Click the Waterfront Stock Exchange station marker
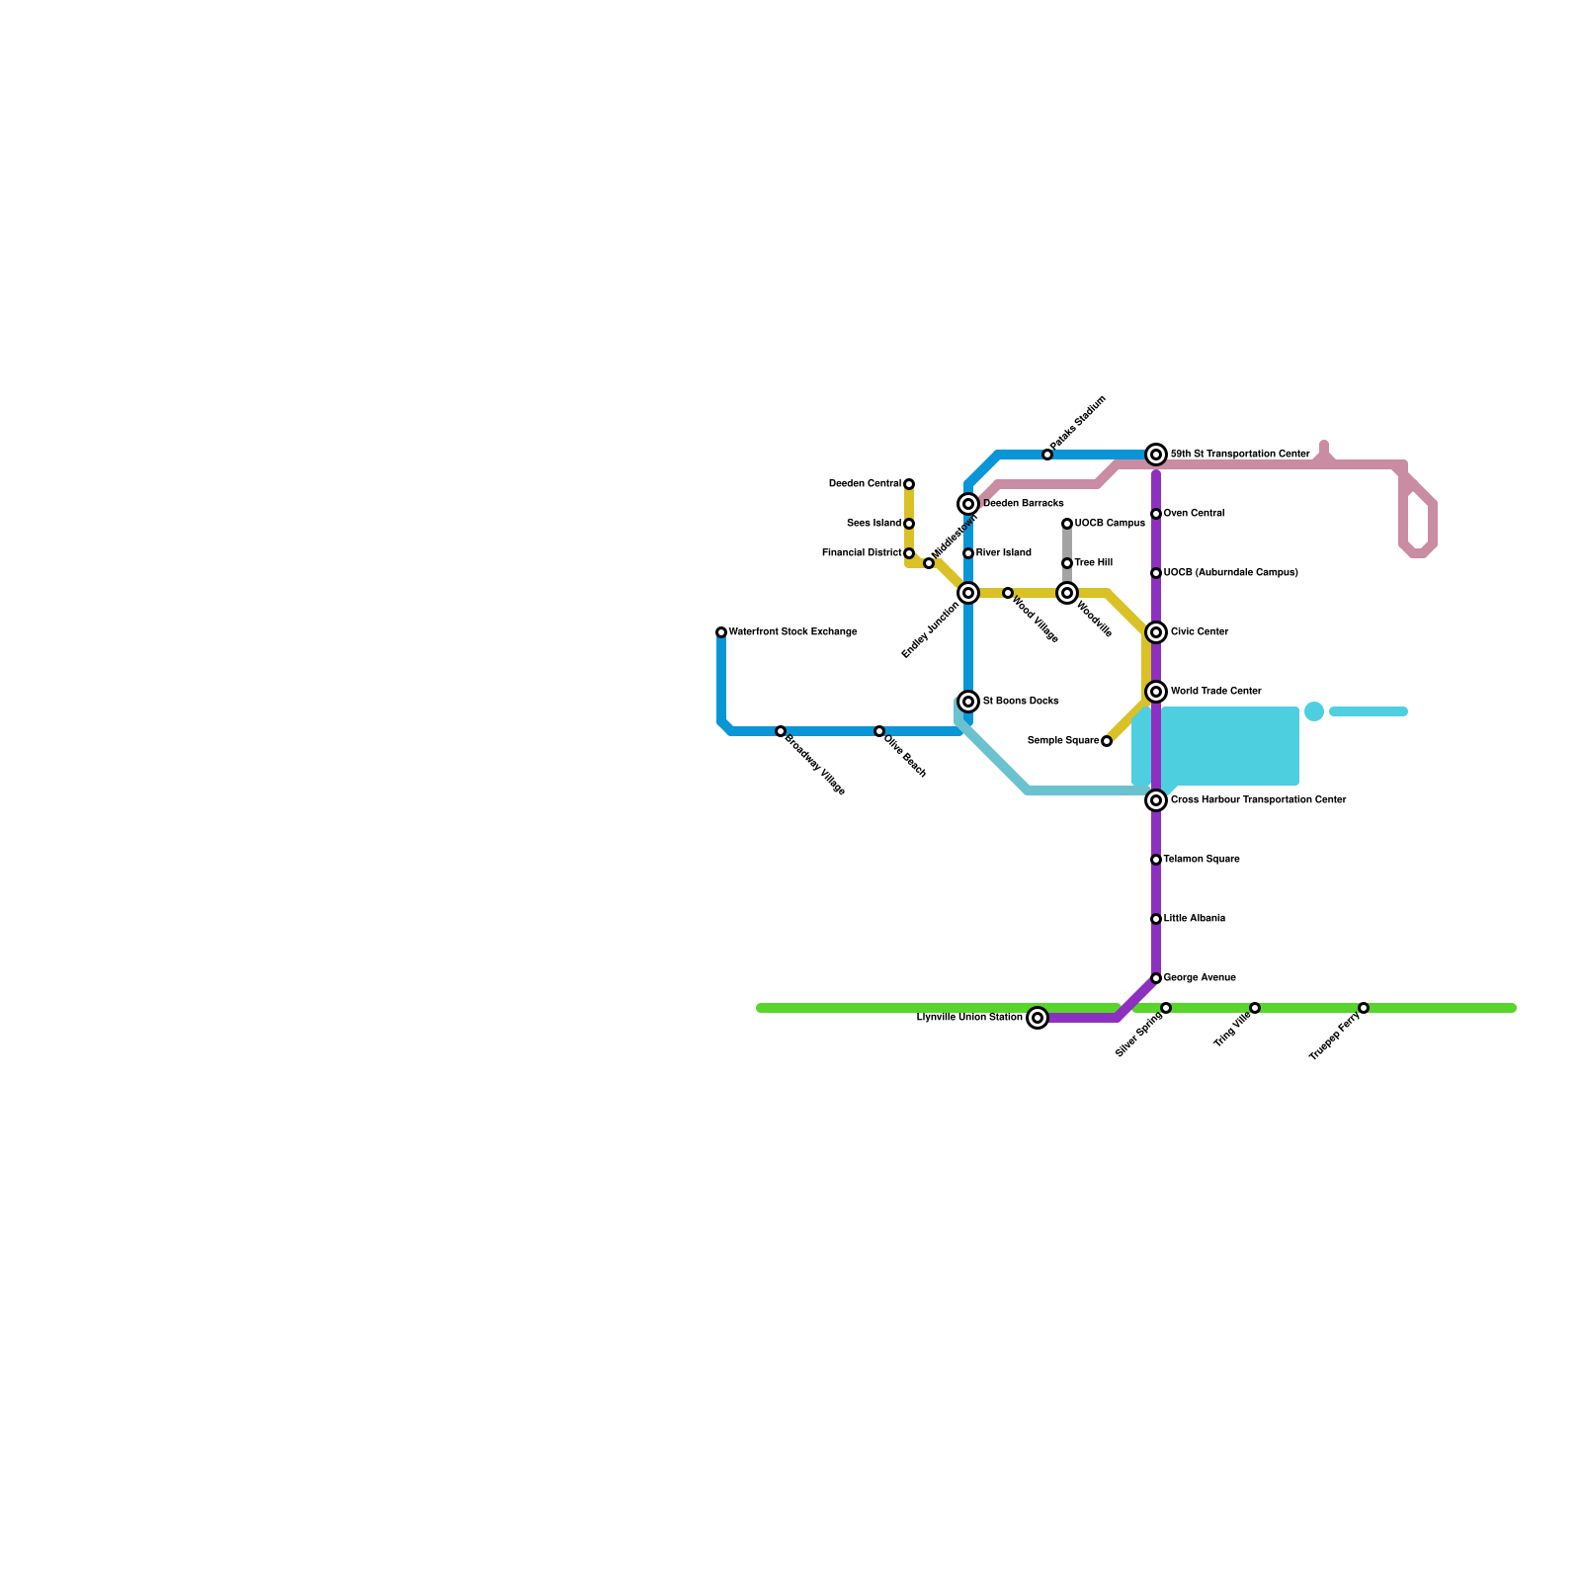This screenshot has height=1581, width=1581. coord(721,632)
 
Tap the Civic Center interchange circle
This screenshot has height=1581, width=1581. coord(1156,632)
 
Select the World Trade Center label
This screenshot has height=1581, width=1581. coord(1215,692)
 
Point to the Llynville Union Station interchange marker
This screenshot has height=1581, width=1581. coord(1038,1018)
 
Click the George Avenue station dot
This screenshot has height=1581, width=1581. coord(1156,978)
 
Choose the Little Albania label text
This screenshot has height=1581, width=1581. coord(1194,919)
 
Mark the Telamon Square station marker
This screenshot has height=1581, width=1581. coord(1156,860)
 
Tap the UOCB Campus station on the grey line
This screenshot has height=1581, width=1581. coord(1067,524)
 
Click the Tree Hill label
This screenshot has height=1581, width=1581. coord(1093,563)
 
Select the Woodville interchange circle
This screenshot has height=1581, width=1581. coord(1067,593)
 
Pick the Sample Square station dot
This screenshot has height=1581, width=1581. coord(1107,741)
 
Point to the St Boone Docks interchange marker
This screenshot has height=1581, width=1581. coord(969,702)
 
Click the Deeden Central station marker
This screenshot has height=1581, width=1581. coord(909,484)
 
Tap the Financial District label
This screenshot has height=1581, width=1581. coord(861,553)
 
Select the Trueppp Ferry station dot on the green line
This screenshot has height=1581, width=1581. coord(1364,1008)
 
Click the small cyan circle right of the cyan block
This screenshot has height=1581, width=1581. coord(1314,711)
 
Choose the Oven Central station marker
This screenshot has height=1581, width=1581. coord(1156,514)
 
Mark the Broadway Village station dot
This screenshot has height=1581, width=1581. coord(781,731)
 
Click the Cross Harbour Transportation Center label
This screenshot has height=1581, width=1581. coord(1258,800)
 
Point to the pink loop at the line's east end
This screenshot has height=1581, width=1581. coord(1419,524)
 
